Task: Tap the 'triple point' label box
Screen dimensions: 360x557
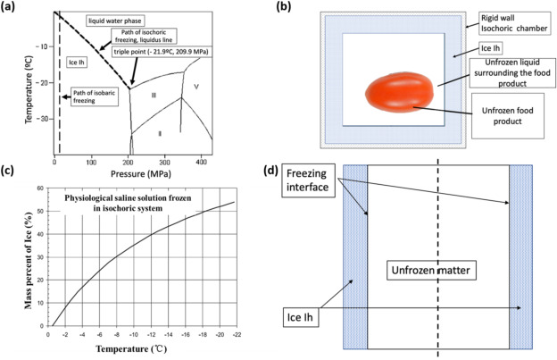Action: (161, 53)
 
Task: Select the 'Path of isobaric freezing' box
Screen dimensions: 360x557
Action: (94, 96)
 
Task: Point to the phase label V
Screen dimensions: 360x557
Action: (196, 87)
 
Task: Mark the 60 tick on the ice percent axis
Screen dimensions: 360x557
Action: (38, 188)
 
